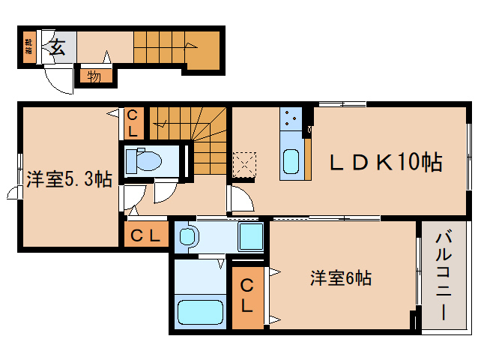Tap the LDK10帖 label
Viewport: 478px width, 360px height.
[x=387, y=161]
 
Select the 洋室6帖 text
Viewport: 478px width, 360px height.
[x=342, y=278]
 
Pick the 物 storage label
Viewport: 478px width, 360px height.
[x=94, y=75]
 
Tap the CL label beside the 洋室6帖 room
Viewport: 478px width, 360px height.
[x=246, y=297]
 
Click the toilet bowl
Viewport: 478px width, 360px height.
[x=144, y=160]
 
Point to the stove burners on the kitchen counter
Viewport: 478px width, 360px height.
[x=290, y=118]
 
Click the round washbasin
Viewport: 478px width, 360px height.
[x=188, y=237]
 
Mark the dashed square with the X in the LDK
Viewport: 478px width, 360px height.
[x=244, y=164]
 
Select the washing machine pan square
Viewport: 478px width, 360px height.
[x=250, y=237]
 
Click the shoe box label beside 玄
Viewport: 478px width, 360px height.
[x=28, y=47]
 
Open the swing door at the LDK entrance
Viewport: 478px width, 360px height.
[x=240, y=199]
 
